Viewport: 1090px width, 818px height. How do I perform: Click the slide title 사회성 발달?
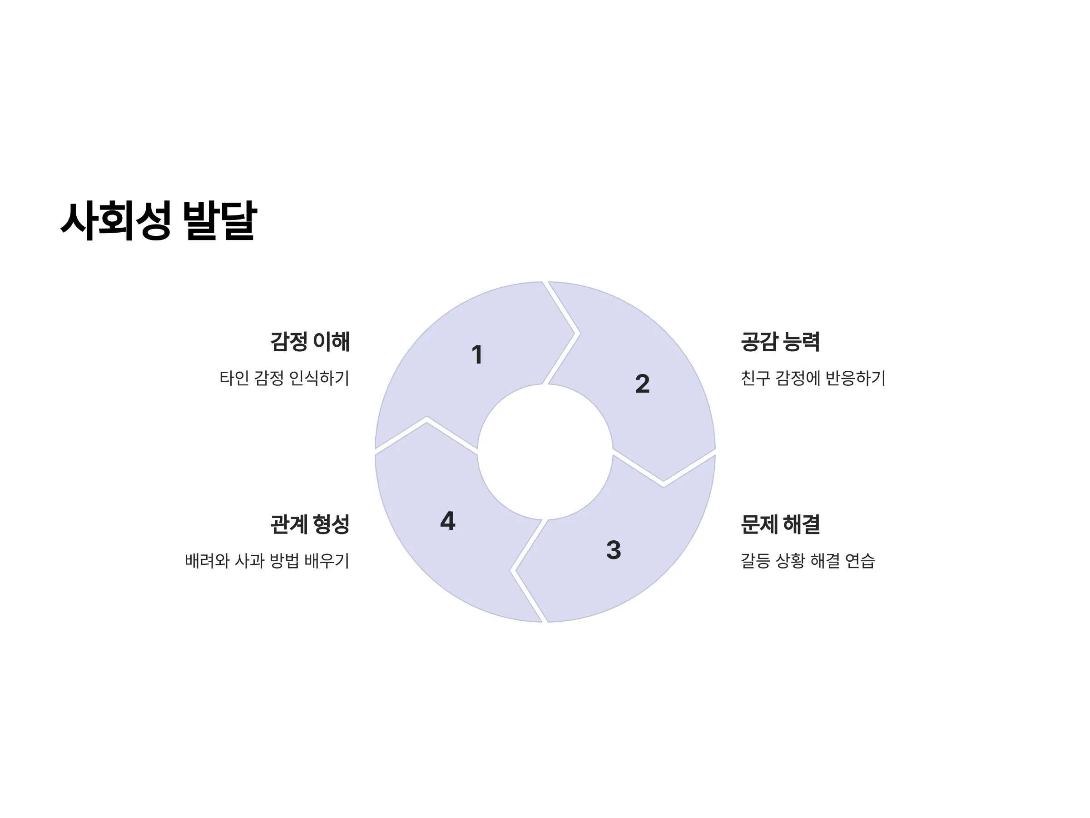click(x=159, y=220)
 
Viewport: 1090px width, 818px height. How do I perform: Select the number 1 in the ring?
click(x=476, y=354)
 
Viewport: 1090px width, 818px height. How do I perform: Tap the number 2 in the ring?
click(x=643, y=384)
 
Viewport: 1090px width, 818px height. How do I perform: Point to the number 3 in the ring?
click(x=614, y=550)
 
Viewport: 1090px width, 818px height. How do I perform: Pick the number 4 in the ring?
click(x=447, y=521)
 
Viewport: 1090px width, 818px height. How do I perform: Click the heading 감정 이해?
click(x=310, y=342)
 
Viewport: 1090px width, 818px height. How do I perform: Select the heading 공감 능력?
click(x=781, y=342)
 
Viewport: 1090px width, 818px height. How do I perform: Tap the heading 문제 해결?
click(x=781, y=524)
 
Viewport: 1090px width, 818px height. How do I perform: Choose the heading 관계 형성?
click(x=310, y=524)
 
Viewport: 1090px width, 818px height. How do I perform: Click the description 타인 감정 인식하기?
click(x=284, y=378)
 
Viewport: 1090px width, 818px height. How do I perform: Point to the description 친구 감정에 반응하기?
click(x=813, y=378)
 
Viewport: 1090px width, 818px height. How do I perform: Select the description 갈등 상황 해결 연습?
click(x=808, y=561)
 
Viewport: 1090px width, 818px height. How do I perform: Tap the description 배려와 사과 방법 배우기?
click(x=267, y=561)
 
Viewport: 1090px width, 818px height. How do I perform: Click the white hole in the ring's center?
click(x=545, y=452)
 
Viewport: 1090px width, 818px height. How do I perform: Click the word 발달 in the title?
click(x=220, y=220)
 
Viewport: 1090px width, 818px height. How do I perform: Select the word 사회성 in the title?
click(x=116, y=220)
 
